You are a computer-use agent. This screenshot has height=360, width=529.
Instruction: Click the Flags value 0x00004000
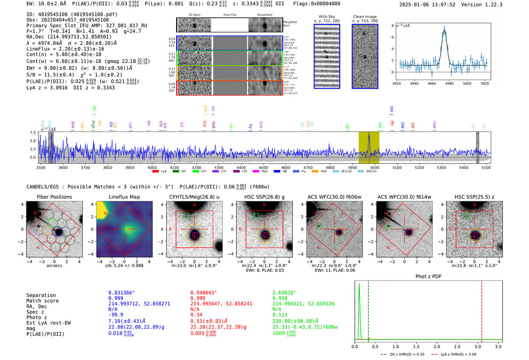click(x=317, y=4)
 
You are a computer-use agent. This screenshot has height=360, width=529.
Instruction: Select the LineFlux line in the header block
click(x=65, y=49)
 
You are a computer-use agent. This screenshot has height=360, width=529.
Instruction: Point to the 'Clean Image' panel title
click(x=365, y=17)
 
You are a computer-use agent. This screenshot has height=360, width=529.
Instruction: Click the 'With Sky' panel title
click(x=326, y=17)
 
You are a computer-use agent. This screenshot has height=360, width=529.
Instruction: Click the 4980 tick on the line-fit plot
click(x=449, y=83)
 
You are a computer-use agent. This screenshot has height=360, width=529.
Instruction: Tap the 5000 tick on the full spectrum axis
click(x=374, y=167)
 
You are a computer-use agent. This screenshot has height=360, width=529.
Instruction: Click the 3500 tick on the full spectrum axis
click(x=41, y=167)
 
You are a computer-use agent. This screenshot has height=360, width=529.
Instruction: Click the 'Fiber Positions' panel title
click(x=54, y=197)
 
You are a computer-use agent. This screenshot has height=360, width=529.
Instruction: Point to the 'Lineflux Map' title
click(x=124, y=197)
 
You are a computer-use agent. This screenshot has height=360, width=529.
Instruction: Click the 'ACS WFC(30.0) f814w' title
click(x=404, y=197)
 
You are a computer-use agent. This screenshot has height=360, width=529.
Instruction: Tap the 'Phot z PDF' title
click(x=428, y=277)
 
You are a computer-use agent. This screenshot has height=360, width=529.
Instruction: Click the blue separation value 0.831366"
click(x=121, y=293)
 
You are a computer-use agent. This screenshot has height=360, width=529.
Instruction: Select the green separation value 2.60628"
click(x=284, y=293)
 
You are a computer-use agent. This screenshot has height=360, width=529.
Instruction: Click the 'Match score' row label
click(x=42, y=301)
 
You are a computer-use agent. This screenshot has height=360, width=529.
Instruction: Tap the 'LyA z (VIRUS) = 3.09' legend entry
click(x=458, y=354)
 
